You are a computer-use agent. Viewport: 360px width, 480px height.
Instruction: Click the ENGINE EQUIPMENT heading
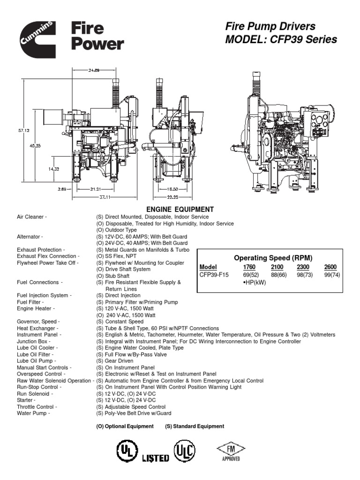click(x=180, y=210)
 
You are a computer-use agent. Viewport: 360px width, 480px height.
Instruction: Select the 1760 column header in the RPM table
click(x=249, y=267)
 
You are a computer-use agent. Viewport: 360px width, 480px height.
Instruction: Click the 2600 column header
click(x=330, y=267)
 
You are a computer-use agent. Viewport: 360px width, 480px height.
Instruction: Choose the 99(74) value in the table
click(x=332, y=275)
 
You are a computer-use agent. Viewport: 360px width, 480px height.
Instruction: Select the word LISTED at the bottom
click(x=155, y=458)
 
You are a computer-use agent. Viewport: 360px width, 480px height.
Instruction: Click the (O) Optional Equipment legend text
click(x=125, y=426)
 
